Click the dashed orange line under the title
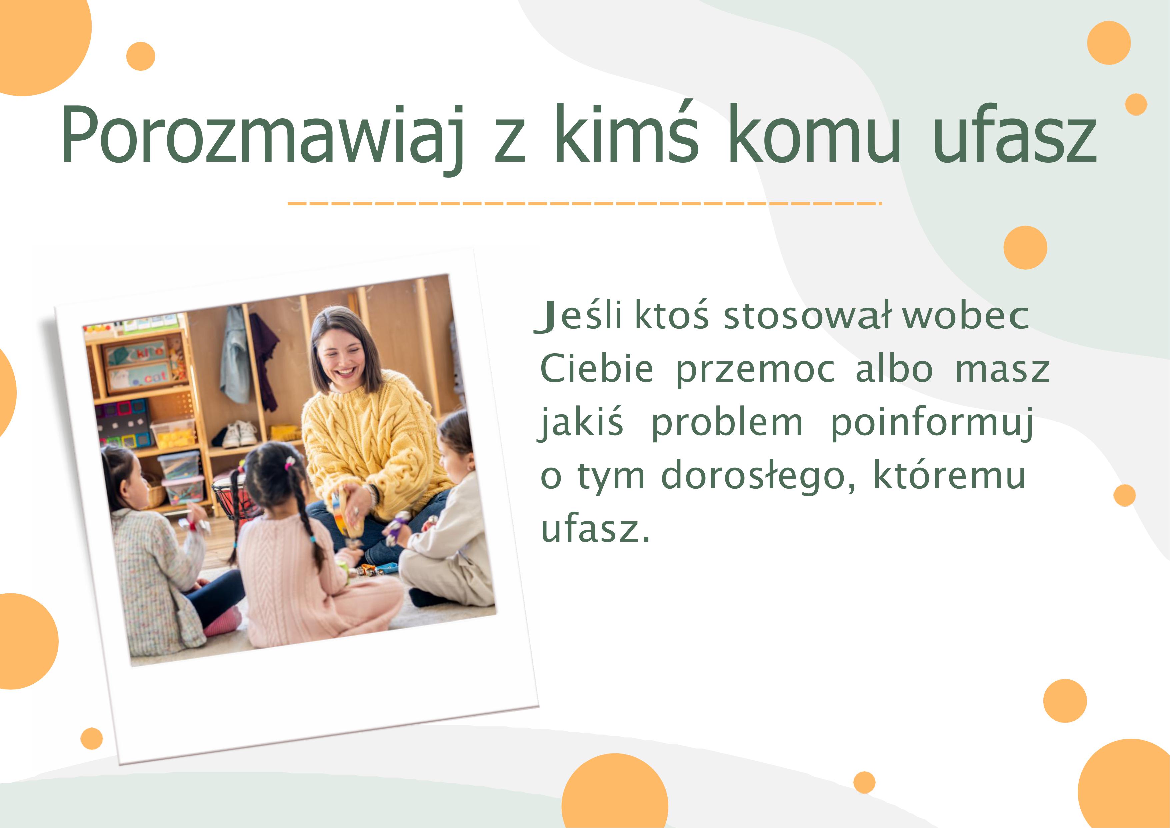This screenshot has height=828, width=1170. [584, 204]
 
